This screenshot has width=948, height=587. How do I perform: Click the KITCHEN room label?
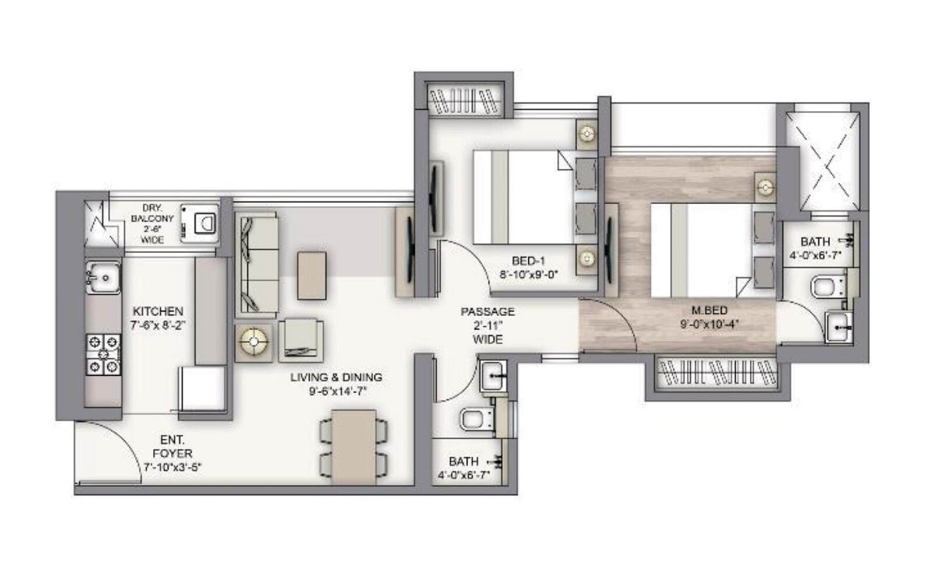157,311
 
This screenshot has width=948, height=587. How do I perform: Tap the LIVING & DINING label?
336,378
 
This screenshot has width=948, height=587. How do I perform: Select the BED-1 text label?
528,261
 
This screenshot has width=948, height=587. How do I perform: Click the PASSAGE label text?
487,312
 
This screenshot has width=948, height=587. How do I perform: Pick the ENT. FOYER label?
172,446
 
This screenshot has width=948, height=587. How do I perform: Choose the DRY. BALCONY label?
152,218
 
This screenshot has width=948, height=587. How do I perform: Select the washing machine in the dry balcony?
200,222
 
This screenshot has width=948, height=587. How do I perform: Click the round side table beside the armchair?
254,340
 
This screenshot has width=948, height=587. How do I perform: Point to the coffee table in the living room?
312,275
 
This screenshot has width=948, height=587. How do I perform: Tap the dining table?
353,446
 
